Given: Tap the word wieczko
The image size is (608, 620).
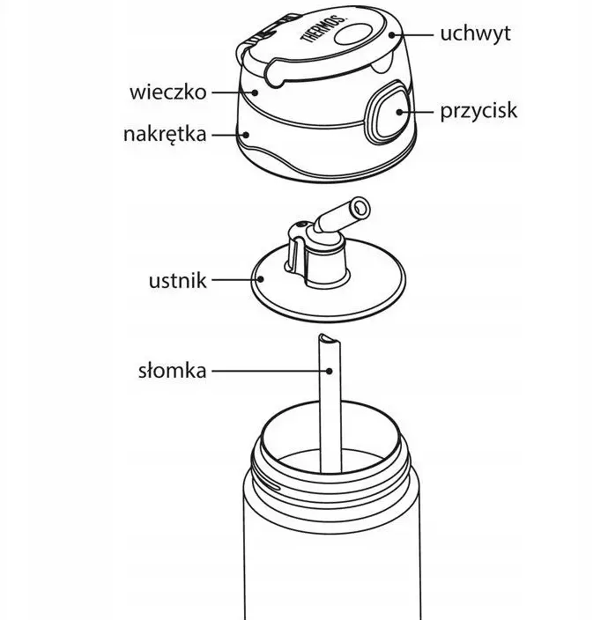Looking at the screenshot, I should coord(167,92).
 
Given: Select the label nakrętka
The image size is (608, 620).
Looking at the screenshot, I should coord(165,135).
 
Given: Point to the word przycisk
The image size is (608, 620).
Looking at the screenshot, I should coord(478,111).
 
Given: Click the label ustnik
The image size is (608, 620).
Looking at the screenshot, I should coord(178,281).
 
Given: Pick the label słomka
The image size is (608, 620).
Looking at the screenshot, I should coord(172,371).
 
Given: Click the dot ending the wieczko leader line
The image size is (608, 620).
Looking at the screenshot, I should coord(254,92).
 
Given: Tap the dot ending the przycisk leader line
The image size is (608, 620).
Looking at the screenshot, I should coord(402,112).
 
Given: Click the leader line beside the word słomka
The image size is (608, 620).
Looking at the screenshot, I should coord(264,371).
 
